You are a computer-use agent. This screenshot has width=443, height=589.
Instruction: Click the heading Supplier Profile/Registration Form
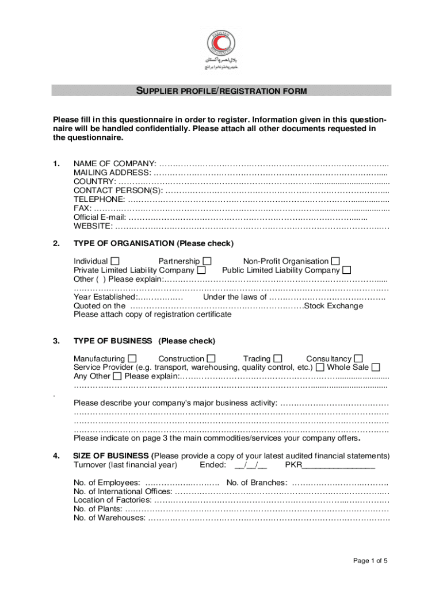pos(221,91)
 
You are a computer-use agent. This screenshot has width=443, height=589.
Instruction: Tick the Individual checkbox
pos(115,261)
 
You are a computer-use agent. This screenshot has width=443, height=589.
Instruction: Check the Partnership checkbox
pos(207,261)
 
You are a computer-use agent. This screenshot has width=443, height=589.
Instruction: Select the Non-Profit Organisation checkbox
pos(335,261)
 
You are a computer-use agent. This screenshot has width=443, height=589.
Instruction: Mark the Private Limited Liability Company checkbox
pos(201,270)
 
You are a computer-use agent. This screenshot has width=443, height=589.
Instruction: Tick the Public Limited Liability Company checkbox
pos(347,270)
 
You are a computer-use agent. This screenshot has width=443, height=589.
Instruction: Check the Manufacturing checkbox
pos(132,358)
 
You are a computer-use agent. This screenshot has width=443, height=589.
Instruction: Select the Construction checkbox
pos(211,358)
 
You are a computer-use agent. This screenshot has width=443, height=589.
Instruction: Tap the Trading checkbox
pos(278,358)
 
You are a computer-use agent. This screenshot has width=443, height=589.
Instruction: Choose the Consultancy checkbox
pos(358,358)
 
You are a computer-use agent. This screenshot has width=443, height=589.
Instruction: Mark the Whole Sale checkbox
pos(376,367)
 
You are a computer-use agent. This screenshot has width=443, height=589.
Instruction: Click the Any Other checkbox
pos(117,376)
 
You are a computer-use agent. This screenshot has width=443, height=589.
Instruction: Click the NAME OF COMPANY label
pos(114,164)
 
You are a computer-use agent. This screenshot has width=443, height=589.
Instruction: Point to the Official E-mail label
pos(100,217)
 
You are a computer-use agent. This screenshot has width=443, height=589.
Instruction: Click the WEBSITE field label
pos(93,226)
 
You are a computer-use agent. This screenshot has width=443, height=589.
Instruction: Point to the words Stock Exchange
pos(334,305)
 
